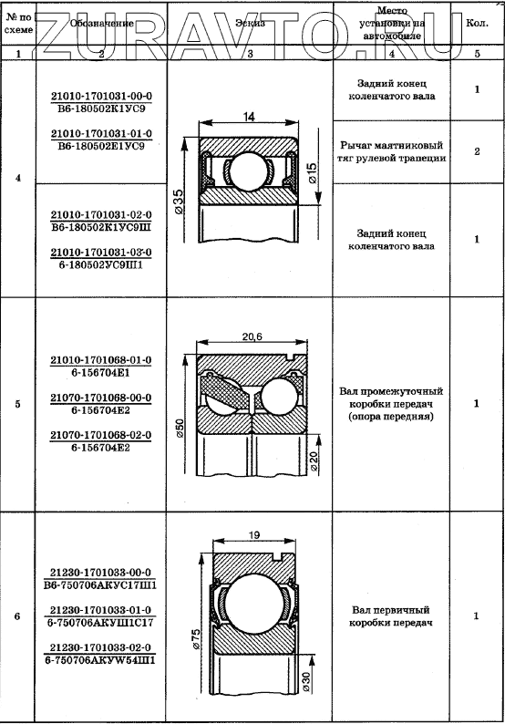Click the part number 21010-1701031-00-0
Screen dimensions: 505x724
pyautogui.click(x=101, y=96)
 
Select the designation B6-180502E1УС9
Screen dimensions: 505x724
pyautogui.click(x=101, y=147)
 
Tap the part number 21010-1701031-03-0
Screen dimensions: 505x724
pyautogui.click(x=101, y=253)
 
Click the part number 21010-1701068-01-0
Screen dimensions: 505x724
pyautogui.click(x=100, y=360)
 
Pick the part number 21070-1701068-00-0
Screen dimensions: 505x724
pyautogui.click(x=100, y=398)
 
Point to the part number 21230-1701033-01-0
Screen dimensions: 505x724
pyautogui.click(x=100, y=610)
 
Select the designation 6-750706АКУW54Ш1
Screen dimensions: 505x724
pyautogui.click(x=100, y=660)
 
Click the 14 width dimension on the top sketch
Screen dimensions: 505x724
pyautogui.click(x=249, y=117)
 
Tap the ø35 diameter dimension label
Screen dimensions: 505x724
pyautogui.click(x=179, y=202)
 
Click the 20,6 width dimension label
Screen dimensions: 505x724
pyautogui.click(x=252, y=336)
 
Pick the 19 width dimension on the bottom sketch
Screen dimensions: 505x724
pyautogui.click(x=254, y=535)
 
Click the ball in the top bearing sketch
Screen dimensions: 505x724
pyautogui.click(x=249, y=170)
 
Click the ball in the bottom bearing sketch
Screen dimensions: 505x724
pyautogui.click(x=254, y=601)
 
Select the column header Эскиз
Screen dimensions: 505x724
pyautogui.click(x=250, y=23)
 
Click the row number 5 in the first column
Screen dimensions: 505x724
pyautogui.click(x=17, y=404)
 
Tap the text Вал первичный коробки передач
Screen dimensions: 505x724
pyautogui.click(x=390, y=616)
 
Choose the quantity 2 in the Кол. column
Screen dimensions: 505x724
pyautogui.click(x=477, y=151)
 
